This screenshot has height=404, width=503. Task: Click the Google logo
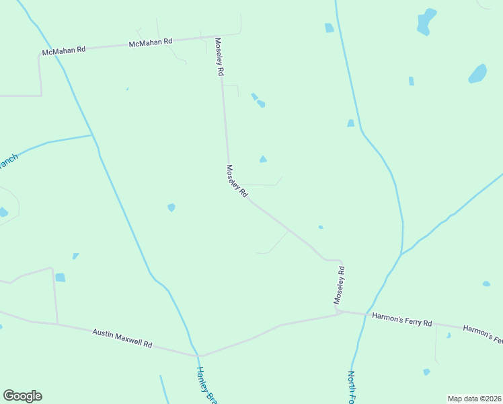click(22, 396)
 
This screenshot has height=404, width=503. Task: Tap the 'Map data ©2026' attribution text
click(473, 399)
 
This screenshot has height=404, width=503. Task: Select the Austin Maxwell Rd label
click(122, 338)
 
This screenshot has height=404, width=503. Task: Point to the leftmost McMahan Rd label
click(64, 50)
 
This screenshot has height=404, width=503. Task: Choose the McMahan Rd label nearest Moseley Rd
click(151, 42)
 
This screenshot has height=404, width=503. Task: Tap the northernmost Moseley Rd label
click(219, 57)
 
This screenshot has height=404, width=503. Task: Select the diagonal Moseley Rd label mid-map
click(237, 181)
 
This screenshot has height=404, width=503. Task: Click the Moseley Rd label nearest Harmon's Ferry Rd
click(341, 285)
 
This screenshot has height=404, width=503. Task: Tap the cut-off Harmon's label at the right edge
click(483, 334)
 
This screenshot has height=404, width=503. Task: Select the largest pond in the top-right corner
click(426, 22)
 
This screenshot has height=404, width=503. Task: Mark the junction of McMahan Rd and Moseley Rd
click(216, 37)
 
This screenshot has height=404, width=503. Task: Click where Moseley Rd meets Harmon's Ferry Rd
click(339, 312)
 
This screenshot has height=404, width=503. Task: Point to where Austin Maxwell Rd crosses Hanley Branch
click(198, 355)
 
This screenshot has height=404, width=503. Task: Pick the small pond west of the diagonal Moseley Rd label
click(171, 207)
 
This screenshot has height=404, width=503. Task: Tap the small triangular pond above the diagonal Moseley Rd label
click(263, 160)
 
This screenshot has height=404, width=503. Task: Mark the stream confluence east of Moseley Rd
click(401, 254)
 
